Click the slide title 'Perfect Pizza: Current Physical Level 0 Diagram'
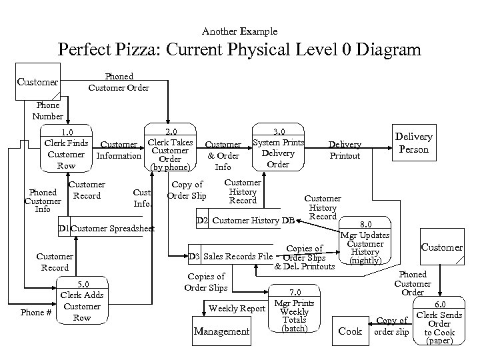pyautogui.click(x=239, y=50)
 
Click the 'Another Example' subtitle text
pyautogui.click(x=239, y=31)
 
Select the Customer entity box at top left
pyautogui.click(x=38, y=82)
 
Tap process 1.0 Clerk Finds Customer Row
pyautogui.click(x=66, y=149)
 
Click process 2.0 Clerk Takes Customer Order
pyautogui.click(x=171, y=147)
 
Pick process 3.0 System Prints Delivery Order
pyautogui.click(x=278, y=147)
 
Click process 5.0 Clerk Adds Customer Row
pyautogui.click(x=81, y=301)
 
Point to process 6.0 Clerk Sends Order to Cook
pyautogui.click(x=439, y=320)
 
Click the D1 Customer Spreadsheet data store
pyautogui.click(x=106, y=229)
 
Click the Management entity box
pyautogui.click(x=221, y=331)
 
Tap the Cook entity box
pyautogui.click(x=350, y=331)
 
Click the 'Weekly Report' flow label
pyautogui.click(x=237, y=308)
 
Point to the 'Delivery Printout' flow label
pyautogui.click(x=345, y=150)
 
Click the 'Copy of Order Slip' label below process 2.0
pyautogui.click(x=187, y=190)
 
